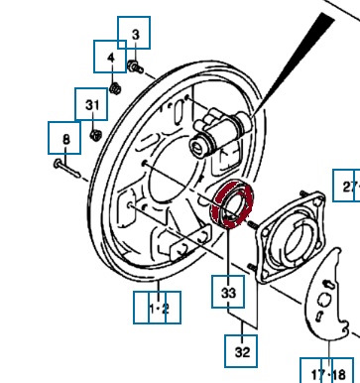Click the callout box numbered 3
pyautogui.click(x=134, y=33)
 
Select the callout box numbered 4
pyautogui.click(x=110, y=57)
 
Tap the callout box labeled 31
pyautogui.click(x=91, y=104)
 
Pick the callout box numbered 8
pyautogui.click(x=64, y=138)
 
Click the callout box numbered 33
pyautogui.click(x=228, y=292)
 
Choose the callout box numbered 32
pyautogui.click(x=241, y=351)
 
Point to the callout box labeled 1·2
pyautogui.click(x=157, y=308)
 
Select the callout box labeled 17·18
pyautogui.click(x=327, y=370)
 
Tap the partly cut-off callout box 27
pyautogui.click(x=346, y=186)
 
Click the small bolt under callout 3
pyautogui.click(x=135, y=66)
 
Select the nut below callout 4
pyautogui.click(x=115, y=88)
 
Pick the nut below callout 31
pyautogui.click(x=95, y=135)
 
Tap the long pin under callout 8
pyautogui.click(x=66, y=168)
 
